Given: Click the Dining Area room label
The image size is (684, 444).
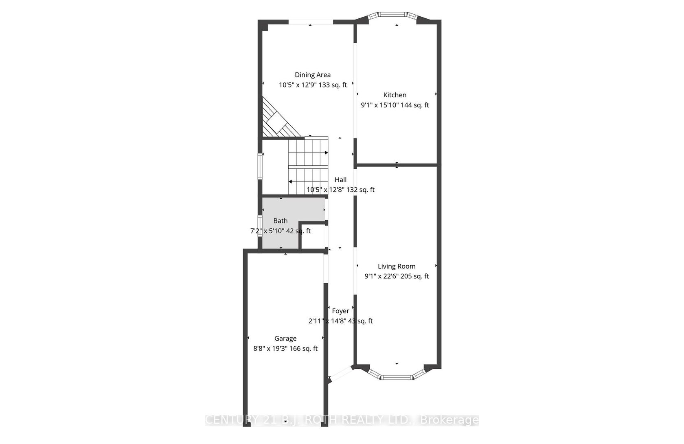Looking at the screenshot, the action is point(313,75).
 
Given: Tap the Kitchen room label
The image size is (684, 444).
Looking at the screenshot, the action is point(395,95).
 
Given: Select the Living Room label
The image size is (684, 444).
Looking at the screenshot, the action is point(397,266).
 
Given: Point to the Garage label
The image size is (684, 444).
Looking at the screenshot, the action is point(285,339).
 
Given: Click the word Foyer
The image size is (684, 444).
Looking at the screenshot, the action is point(340,311).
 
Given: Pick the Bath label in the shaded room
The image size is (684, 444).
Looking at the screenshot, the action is point(280,221).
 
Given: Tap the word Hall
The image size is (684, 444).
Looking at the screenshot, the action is point(340,180).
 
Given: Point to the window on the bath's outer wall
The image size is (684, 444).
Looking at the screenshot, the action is point(260,226).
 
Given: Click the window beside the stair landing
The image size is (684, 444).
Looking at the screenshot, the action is point(260,166).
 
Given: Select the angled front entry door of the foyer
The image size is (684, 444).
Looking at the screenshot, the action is point(340,374).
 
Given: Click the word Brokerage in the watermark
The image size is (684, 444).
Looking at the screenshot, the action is point(449,420).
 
